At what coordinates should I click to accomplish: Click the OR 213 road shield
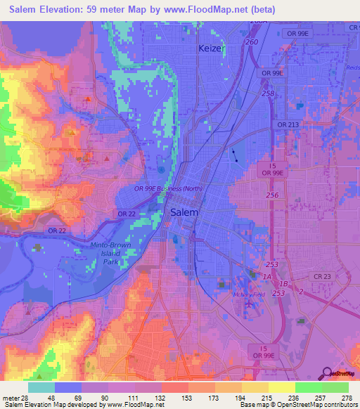(x=288, y=124)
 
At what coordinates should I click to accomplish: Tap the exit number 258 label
(x=268, y=93)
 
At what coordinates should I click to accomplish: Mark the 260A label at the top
(x=259, y=22)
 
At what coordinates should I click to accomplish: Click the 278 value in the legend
(x=345, y=397)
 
